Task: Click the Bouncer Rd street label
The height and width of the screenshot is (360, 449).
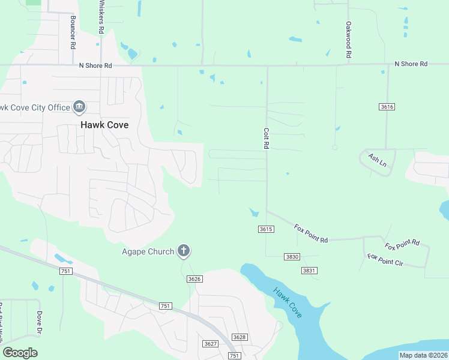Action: click(x=73, y=32)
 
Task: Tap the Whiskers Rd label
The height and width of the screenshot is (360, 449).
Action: click(x=101, y=17)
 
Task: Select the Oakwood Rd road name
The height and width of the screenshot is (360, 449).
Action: click(x=348, y=40)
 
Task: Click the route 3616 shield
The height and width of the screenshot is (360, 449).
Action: click(x=387, y=107)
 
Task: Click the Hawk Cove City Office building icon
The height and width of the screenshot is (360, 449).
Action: click(x=79, y=107)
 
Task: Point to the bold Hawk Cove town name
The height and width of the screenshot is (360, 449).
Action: click(x=105, y=125)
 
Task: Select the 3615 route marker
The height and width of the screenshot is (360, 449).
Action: click(x=266, y=229)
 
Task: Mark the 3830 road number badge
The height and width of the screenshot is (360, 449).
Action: click(x=292, y=257)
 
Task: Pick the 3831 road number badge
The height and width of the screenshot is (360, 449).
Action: click(x=309, y=271)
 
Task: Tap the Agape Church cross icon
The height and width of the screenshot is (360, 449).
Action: click(x=184, y=251)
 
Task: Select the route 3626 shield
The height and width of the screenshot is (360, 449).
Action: click(x=194, y=278)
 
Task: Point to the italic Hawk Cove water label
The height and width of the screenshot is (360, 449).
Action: click(x=288, y=303)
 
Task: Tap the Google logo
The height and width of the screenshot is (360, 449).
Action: click(x=20, y=353)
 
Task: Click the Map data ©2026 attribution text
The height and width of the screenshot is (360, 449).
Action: click(x=423, y=355)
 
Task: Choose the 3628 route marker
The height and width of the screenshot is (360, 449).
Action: click(x=240, y=337)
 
